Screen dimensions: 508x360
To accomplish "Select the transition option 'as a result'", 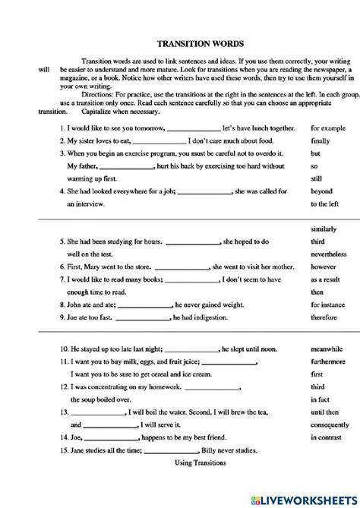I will tap(327, 279).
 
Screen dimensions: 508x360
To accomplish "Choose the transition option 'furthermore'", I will tap(329, 363).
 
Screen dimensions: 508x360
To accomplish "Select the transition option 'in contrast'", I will tap(327, 438).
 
